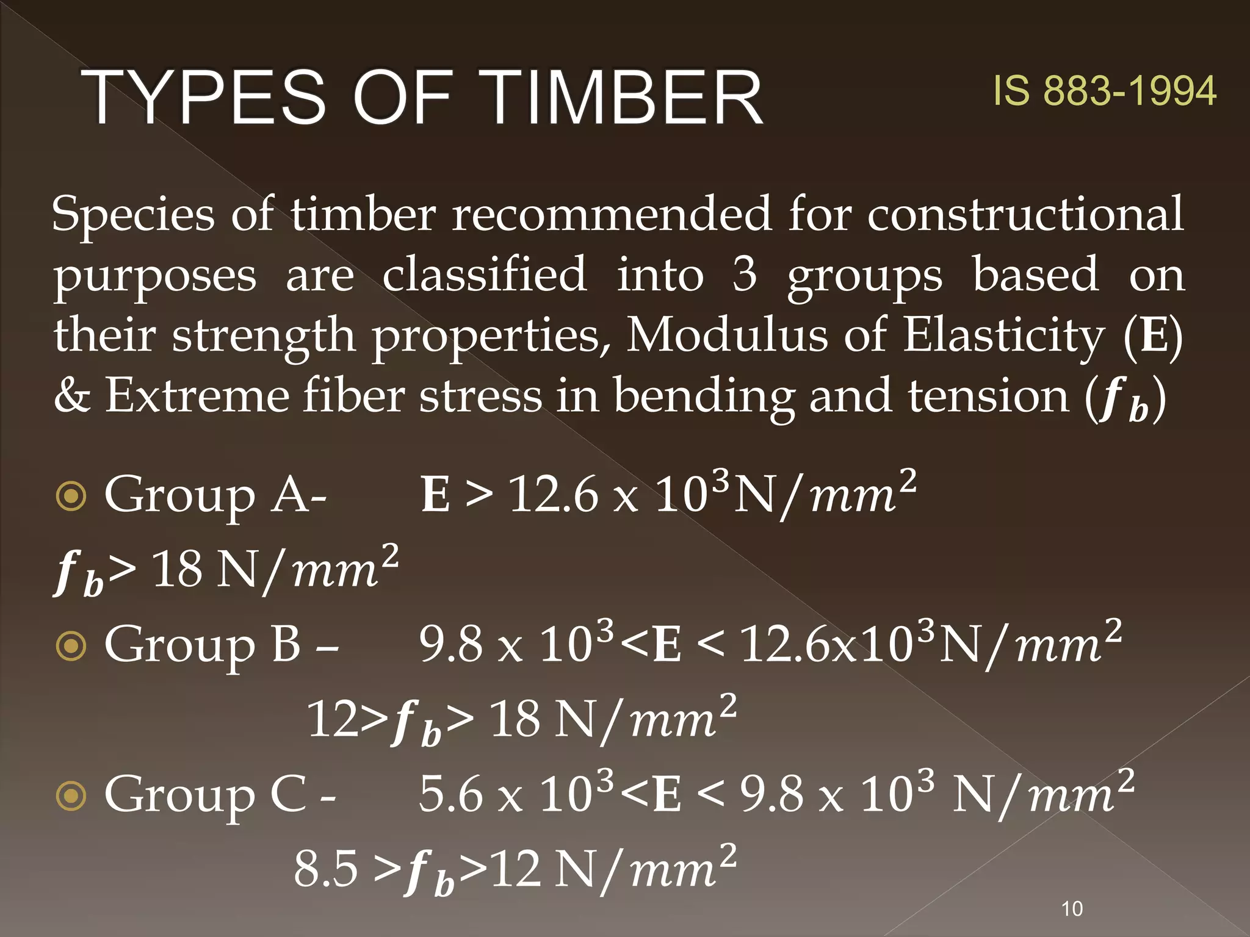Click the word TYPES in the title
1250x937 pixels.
204,98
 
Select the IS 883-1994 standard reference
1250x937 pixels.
1104,92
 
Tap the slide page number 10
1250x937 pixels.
1072,909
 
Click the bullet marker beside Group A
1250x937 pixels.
71,496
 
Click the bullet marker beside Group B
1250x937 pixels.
71,646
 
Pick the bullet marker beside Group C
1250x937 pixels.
71,795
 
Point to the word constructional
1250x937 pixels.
1025,215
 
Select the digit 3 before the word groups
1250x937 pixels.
744,275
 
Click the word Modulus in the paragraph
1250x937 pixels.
727,335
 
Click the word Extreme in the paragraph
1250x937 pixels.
197,396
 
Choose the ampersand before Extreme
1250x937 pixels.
72,396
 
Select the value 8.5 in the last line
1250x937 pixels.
326,869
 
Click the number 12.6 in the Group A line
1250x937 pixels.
554,495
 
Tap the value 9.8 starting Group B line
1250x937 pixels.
450,645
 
